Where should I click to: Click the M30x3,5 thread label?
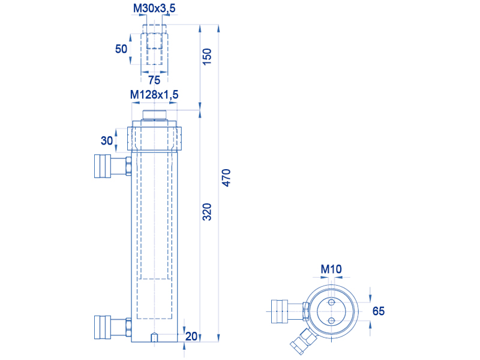pos(154,8)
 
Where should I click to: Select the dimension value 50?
pos(121,49)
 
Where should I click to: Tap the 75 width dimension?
pos(154,80)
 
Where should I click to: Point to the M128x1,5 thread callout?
pos(154,95)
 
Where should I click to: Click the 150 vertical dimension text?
pos(207,56)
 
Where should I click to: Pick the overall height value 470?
pos(226,178)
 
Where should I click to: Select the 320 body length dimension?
pos(207,212)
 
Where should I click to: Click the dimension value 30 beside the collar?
pos(107,140)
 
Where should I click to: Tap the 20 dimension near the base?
pos(191,336)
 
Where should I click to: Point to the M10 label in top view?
pos(331,269)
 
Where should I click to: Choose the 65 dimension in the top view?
pos(379,311)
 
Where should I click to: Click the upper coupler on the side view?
pos(113,166)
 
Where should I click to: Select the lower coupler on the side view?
pos(113,327)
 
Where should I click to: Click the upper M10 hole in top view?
pos(331,303)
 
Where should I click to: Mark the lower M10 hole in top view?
pos(331,320)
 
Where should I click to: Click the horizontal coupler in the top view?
pos(290,311)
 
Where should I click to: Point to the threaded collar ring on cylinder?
pos(154,139)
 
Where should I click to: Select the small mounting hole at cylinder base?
pos(154,338)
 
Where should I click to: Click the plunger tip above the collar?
pos(154,115)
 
